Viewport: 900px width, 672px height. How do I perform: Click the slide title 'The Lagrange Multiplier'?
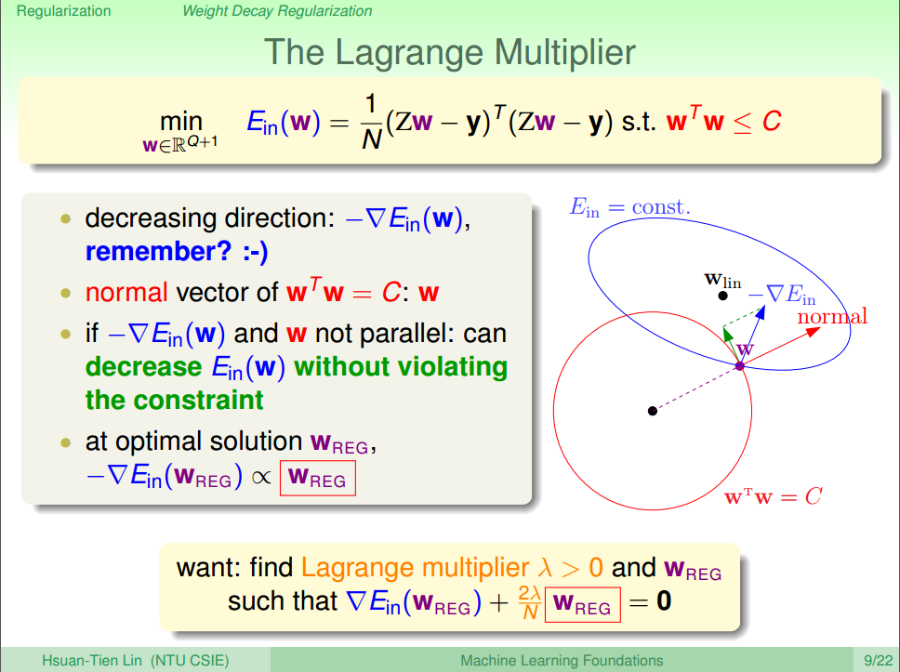449,52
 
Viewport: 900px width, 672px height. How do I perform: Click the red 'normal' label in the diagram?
832,316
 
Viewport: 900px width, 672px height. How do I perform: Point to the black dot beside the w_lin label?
722,296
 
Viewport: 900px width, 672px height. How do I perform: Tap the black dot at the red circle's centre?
652,411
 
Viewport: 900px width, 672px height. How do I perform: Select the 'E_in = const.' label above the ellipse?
629,206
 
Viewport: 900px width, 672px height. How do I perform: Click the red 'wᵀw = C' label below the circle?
774,496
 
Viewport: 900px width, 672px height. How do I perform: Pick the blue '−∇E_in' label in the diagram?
782,295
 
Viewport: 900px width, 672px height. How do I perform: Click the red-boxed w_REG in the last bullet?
317,478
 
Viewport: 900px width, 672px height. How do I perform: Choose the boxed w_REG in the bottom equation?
583,604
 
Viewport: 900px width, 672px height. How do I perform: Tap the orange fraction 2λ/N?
530,602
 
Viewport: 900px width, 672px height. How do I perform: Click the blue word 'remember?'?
158,252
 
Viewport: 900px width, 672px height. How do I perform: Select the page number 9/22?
879,661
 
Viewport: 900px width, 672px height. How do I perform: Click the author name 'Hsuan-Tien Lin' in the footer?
92,661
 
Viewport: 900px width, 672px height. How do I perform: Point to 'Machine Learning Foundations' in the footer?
562,661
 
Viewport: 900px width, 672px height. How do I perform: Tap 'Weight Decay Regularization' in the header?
277,11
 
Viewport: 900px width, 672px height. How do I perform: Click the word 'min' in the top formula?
180,121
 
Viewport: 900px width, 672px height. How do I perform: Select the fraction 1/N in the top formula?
372,122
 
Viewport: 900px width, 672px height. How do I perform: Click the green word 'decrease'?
143,367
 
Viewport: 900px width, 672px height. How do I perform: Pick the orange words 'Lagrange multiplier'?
415,568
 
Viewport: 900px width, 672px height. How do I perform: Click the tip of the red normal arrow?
820,328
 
